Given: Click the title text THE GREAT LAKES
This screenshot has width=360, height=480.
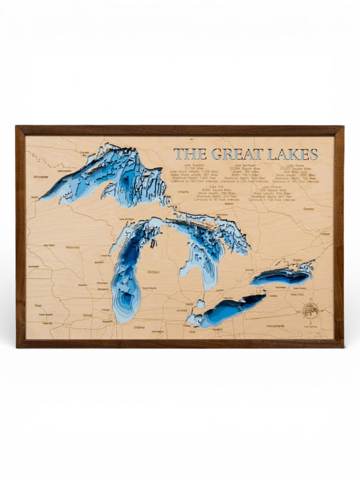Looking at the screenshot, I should (x=245, y=154).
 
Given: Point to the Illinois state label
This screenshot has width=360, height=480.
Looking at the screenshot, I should (x=87, y=315).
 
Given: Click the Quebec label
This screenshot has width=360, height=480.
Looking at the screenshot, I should (x=309, y=209).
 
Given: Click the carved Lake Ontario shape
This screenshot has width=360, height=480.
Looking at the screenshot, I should (x=282, y=275).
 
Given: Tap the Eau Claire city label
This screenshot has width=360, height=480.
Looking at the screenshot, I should (x=49, y=245).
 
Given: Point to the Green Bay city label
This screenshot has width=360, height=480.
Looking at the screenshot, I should (x=106, y=256).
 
